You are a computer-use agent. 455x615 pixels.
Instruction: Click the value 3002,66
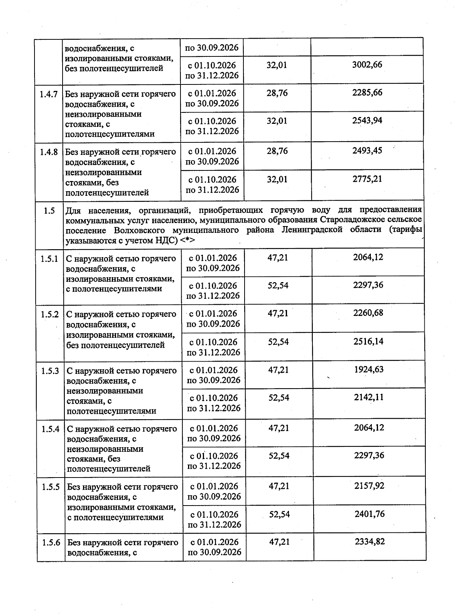367,64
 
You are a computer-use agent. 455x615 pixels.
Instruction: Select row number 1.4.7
49,94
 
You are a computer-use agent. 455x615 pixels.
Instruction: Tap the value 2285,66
367,92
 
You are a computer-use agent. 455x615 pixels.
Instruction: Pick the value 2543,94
367,120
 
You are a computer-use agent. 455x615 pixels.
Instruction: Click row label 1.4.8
49,152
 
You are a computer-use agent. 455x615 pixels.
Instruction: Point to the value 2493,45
367,150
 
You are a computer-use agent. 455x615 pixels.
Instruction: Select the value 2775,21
367,178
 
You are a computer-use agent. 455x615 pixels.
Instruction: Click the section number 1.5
49,211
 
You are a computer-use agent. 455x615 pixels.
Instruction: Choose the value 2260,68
368,313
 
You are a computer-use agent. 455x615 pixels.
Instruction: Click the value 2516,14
368,341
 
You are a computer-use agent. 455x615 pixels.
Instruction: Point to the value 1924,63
369,369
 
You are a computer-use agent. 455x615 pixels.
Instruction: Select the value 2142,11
369,397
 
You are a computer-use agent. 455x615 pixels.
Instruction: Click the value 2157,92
369,485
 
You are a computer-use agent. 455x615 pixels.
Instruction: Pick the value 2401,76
370,514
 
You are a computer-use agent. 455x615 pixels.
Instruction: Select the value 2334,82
370,542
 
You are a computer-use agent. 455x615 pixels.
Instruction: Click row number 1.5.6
51,543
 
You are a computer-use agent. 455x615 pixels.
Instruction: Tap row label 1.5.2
50,314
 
